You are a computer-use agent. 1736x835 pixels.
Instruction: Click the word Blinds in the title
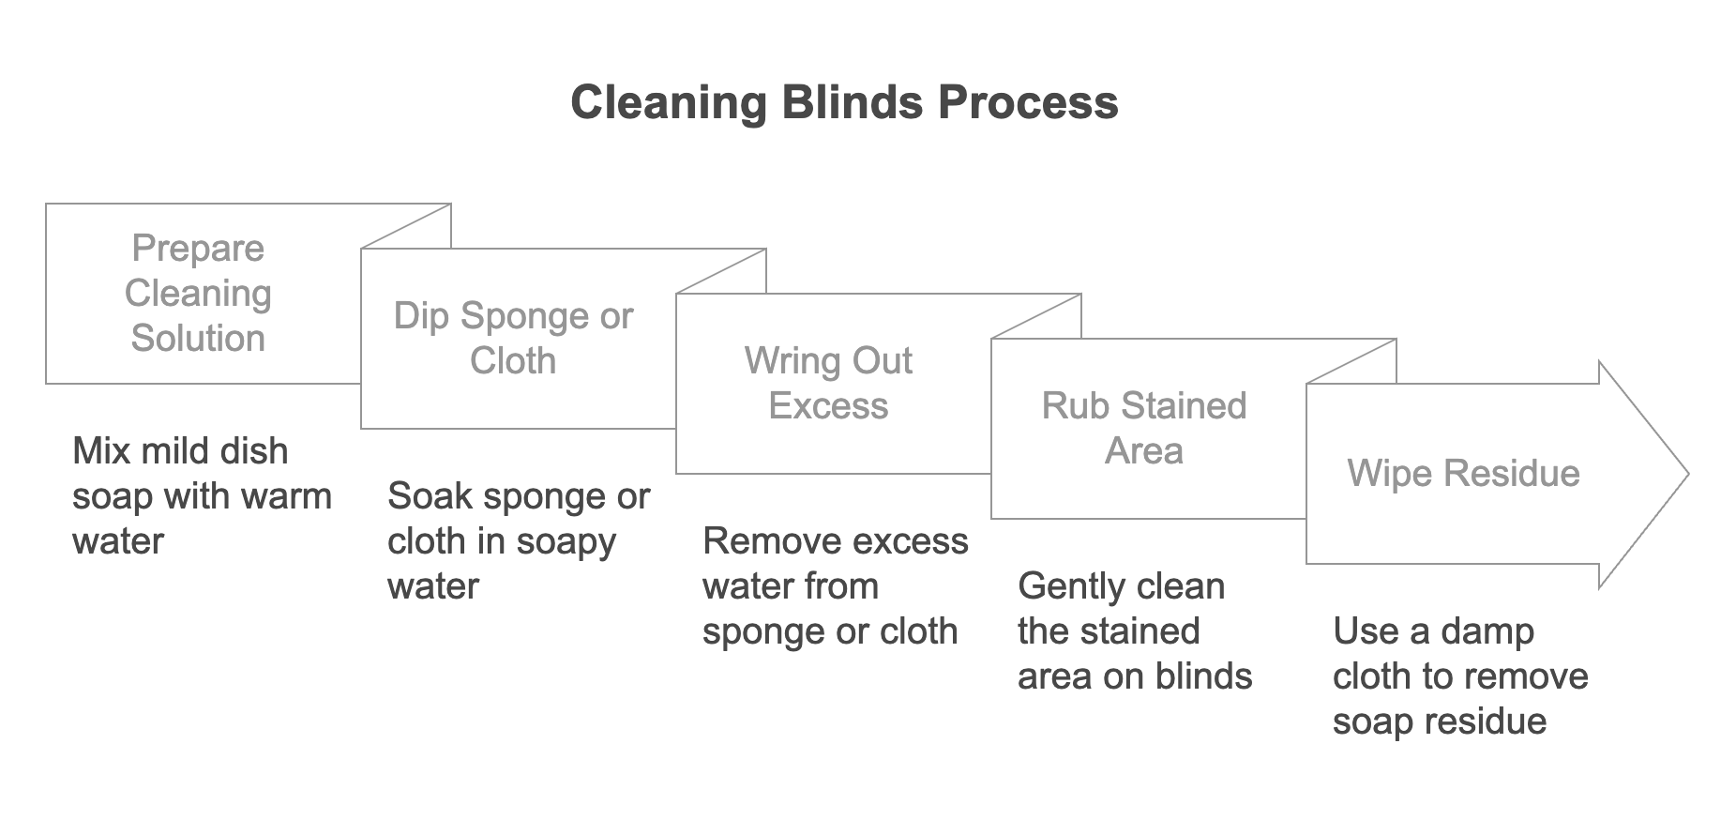click(x=852, y=102)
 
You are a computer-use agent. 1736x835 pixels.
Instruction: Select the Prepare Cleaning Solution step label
click(x=198, y=293)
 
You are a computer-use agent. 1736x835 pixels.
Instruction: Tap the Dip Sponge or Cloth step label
click(x=513, y=338)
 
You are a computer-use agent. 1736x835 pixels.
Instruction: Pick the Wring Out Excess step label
click(x=828, y=383)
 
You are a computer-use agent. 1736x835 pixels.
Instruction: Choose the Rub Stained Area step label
click(x=1143, y=428)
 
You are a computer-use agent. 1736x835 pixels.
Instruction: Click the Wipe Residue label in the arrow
click(x=1463, y=473)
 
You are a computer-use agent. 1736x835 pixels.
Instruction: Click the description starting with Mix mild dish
click(x=202, y=495)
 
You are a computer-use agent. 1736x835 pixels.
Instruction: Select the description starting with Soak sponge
click(x=518, y=540)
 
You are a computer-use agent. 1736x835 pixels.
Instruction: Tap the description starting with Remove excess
click(x=835, y=585)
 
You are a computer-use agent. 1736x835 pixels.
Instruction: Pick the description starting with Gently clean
click(x=1135, y=630)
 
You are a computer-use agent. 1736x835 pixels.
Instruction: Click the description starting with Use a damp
click(x=1460, y=676)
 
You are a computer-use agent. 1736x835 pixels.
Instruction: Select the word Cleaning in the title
click(x=669, y=102)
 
